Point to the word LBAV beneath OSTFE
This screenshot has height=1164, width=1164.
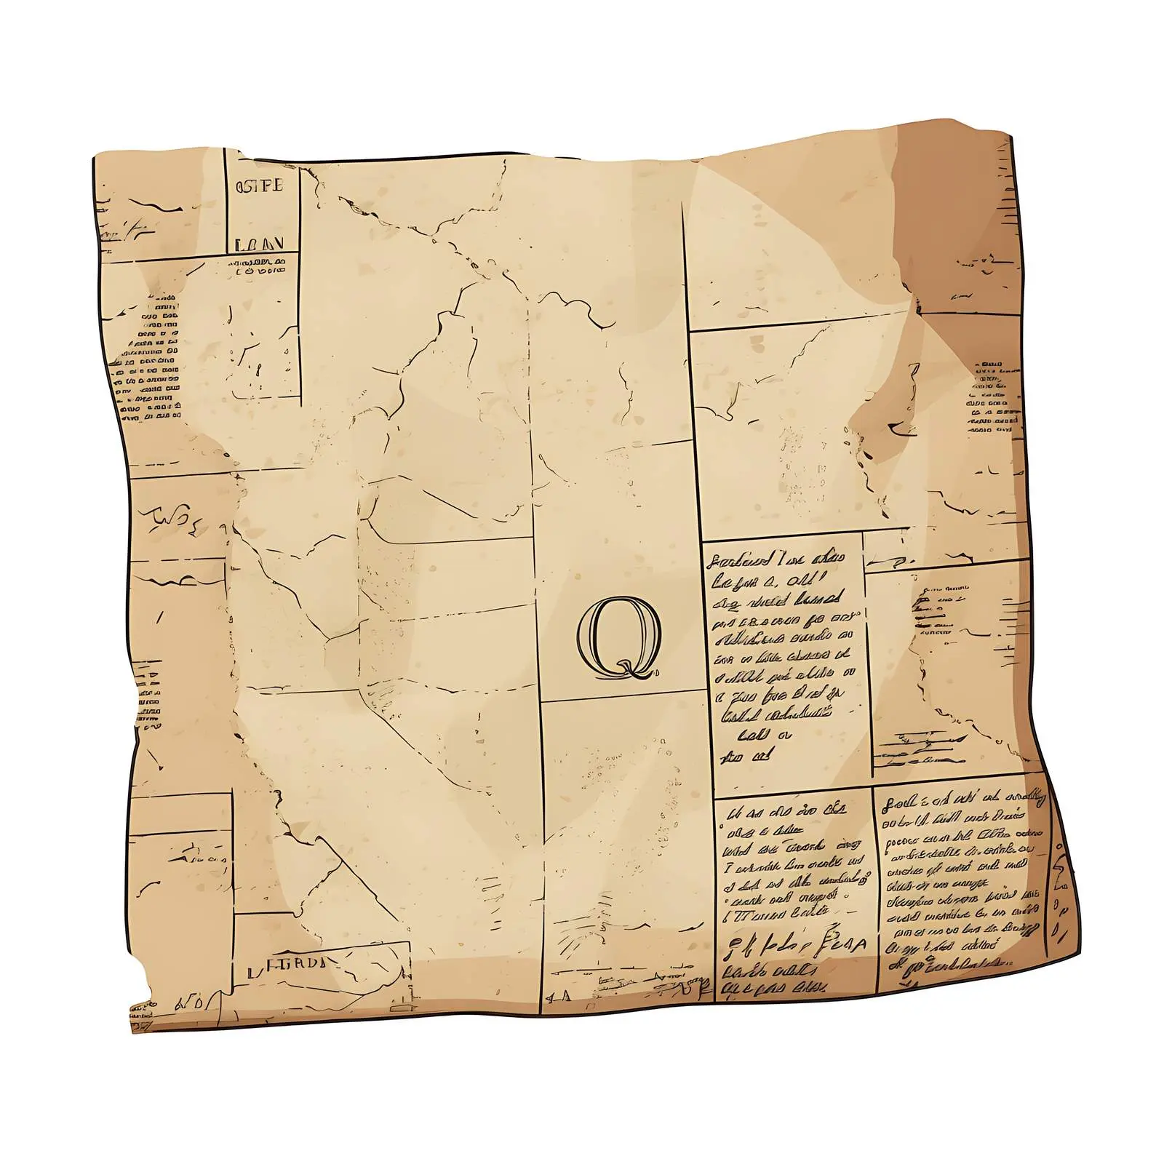pyautogui.click(x=259, y=244)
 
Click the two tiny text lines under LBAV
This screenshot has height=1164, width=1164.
pyautogui.click(x=260, y=266)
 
